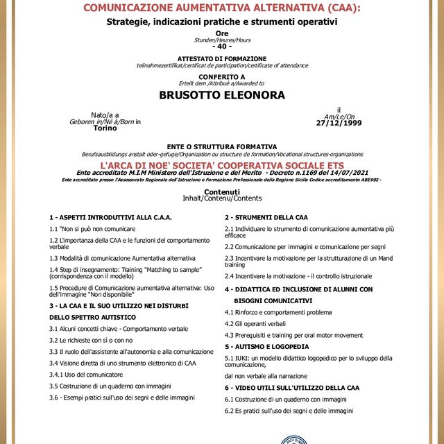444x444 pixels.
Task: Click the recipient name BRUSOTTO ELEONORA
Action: click(221, 95)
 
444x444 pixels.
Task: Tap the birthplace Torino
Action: click(105, 128)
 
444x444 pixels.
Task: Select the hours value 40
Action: click(221, 46)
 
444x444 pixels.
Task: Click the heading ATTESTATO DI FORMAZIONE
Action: click(221, 58)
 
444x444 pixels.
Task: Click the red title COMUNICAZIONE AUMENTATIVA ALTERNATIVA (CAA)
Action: click(221, 8)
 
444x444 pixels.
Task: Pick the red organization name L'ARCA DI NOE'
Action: click(221, 166)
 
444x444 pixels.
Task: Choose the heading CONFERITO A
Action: click(221, 76)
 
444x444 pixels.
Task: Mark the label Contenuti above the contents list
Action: click(221, 191)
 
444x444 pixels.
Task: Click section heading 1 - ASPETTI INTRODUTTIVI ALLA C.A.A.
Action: click(110, 217)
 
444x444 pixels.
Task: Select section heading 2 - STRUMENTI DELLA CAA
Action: click(266, 217)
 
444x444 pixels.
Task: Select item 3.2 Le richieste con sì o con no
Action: click(91, 341)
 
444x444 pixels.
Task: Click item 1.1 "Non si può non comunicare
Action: click(92, 228)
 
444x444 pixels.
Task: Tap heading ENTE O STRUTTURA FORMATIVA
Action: click(221, 146)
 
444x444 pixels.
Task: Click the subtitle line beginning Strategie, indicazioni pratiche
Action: click(221, 22)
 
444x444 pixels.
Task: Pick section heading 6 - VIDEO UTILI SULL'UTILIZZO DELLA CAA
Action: click(291, 388)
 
